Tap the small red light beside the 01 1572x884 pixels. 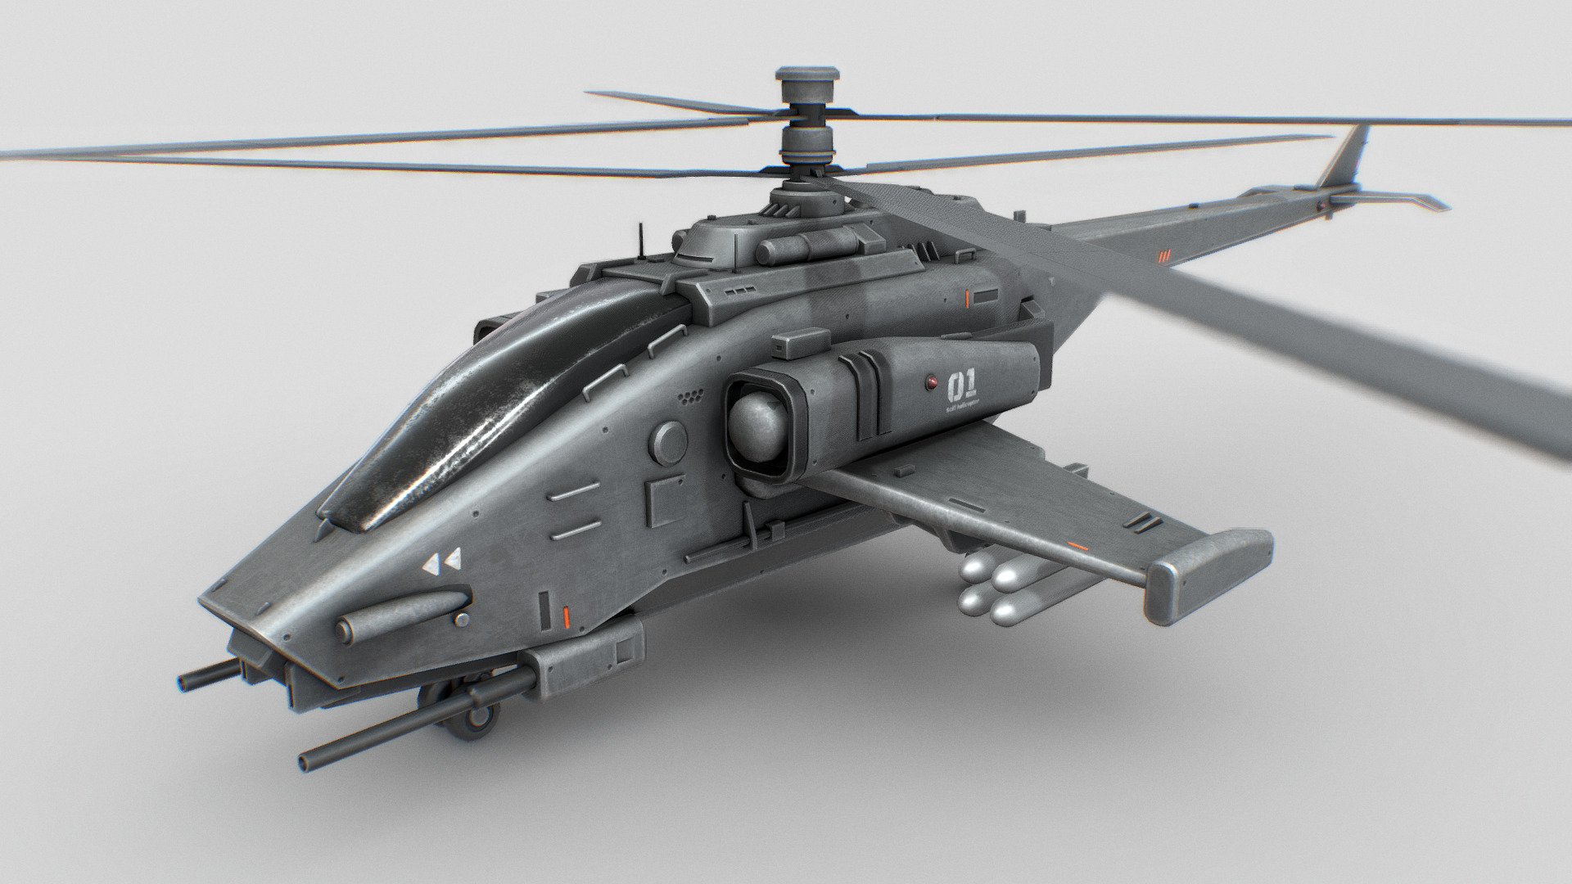pyautogui.click(x=931, y=381)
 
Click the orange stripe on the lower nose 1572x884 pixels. pyautogui.click(x=564, y=614)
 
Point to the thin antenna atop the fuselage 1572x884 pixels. pyautogui.click(x=639, y=235)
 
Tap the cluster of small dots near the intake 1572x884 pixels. pyautogui.click(x=692, y=398)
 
